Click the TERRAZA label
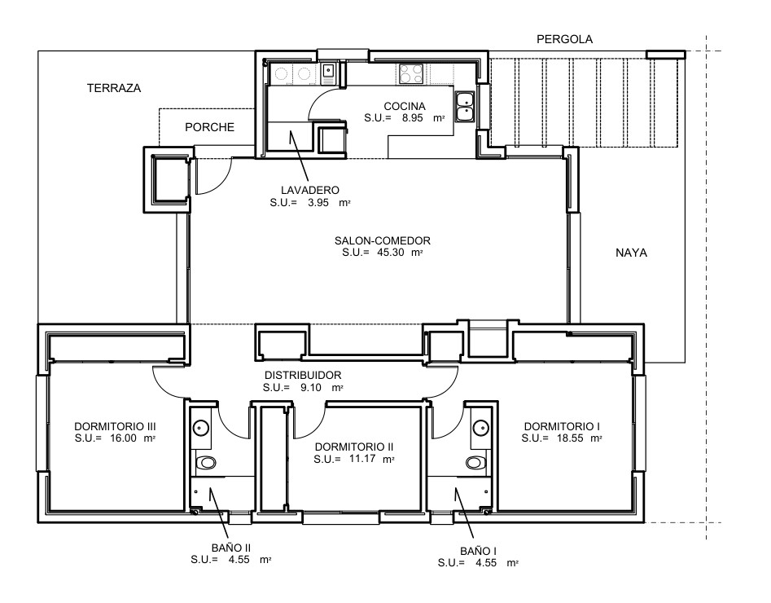pos(115,88)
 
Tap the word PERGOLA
pos(564,39)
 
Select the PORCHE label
pos(209,127)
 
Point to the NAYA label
pos(631,253)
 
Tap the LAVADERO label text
pos(309,190)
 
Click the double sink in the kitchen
pos(465,107)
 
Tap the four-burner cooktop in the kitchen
pos(411,74)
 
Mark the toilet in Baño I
pos(475,463)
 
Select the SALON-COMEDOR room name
pos(382,241)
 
